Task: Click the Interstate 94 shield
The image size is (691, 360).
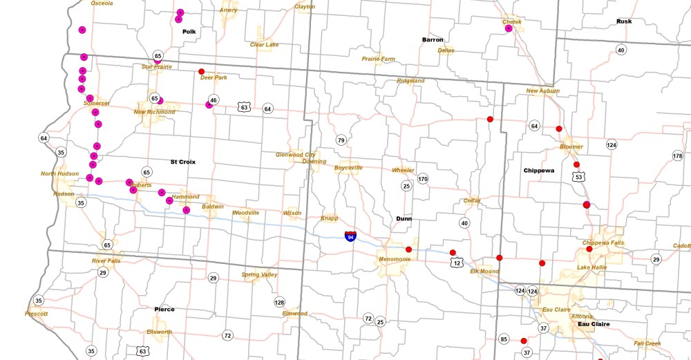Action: (351, 236)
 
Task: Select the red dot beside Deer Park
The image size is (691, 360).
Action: (201, 71)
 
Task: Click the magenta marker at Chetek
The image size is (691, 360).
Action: (509, 29)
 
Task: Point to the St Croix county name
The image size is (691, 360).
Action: (183, 162)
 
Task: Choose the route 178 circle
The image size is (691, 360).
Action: (677, 156)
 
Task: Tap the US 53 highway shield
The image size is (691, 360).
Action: (577, 178)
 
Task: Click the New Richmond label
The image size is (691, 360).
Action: (154, 112)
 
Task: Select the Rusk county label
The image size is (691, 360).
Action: (624, 21)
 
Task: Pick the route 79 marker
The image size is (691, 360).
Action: (341, 140)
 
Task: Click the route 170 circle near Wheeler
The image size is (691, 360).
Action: (422, 179)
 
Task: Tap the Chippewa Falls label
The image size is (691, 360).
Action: (603, 243)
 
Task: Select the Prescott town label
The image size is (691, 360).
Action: (36, 314)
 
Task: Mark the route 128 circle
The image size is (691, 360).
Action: (279, 302)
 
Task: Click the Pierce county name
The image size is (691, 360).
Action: (164, 309)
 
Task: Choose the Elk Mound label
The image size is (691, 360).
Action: (484, 272)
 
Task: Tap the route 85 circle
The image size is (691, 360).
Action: (503, 339)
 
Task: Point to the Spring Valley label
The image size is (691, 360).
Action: (259, 275)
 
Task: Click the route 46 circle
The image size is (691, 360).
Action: (214, 100)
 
